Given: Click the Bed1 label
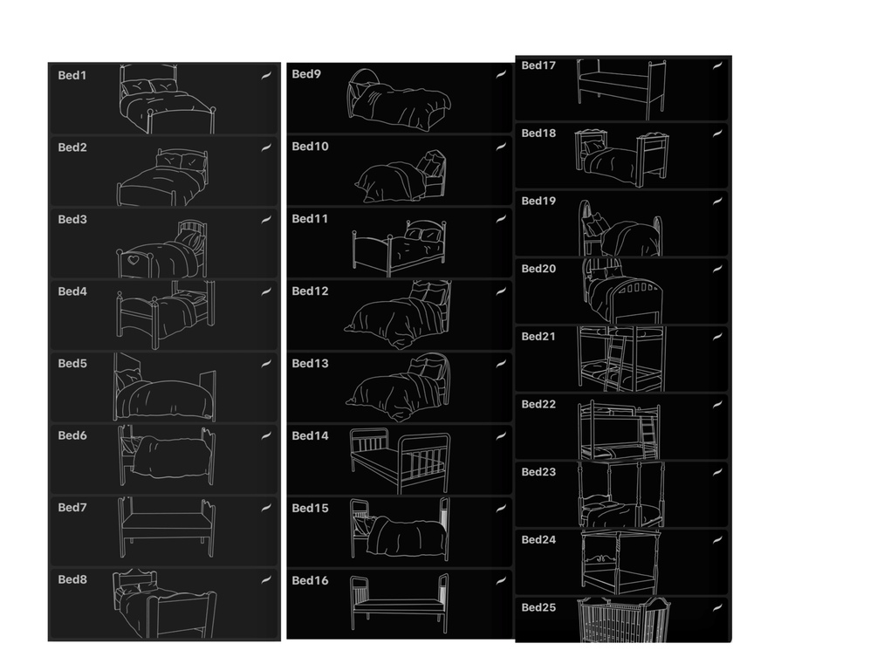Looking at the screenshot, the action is pos(72,75).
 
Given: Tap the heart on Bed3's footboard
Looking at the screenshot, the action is pos(134,259).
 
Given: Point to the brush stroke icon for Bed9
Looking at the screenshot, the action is pos(501,74).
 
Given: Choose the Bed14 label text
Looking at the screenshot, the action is pos(310,435).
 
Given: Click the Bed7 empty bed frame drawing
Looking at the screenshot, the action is pos(166,527).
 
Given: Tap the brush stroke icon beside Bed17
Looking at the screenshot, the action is pos(717,65).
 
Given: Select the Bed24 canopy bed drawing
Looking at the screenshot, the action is pos(620,562).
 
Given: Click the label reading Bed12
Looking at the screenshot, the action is pos(310,291).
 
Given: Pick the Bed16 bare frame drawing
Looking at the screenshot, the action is pos(400,604).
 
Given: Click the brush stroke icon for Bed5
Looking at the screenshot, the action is pos(266,364).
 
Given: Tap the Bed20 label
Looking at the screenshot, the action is pos(538,269).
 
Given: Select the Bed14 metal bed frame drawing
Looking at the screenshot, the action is pos(400,461).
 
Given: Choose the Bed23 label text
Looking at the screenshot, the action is pos(538,471).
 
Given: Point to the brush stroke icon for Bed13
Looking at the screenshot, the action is pos(501,364).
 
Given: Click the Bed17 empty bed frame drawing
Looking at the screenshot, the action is pos(622,89).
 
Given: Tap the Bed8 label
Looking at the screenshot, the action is pos(72,579).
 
